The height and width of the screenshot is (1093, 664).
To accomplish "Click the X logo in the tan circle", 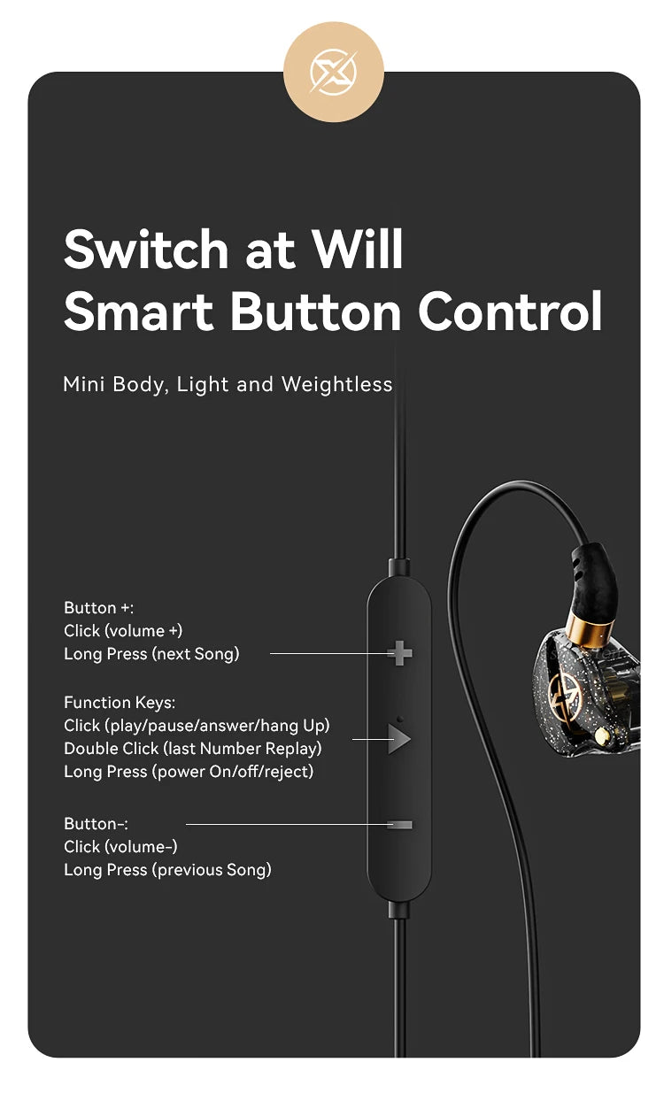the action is tap(334, 73).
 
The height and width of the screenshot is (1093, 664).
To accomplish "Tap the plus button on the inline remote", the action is tap(400, 653).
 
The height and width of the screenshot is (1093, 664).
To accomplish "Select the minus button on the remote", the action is tap(400, 824).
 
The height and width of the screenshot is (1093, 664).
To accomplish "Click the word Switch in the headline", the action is tap(146, 249).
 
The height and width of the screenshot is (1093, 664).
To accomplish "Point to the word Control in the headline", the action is tap(510, 311).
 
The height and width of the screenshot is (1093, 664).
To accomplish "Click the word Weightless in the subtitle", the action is tap(337, 383).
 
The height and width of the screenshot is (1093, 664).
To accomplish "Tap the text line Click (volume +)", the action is tap(123, 630).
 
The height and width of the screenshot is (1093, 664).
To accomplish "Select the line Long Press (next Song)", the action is tap(151, 653).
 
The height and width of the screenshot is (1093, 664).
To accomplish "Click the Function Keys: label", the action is tap(120, 702).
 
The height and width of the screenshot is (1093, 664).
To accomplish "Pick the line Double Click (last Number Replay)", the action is tap(193, 748).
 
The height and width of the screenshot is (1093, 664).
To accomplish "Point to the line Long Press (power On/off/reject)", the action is tap(189, 771).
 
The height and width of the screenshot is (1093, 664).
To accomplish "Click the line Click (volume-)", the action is tap(120, 846).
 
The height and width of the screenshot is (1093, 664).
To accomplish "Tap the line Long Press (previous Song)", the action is tap(167, 869).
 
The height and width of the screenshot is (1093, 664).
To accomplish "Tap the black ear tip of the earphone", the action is tap(593, 582).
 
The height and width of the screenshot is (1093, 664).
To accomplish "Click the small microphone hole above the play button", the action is tap(400, 719).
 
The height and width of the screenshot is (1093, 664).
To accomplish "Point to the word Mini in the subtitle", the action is tap(83, 383).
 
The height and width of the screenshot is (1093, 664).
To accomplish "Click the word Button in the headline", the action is tap(316, 311).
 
